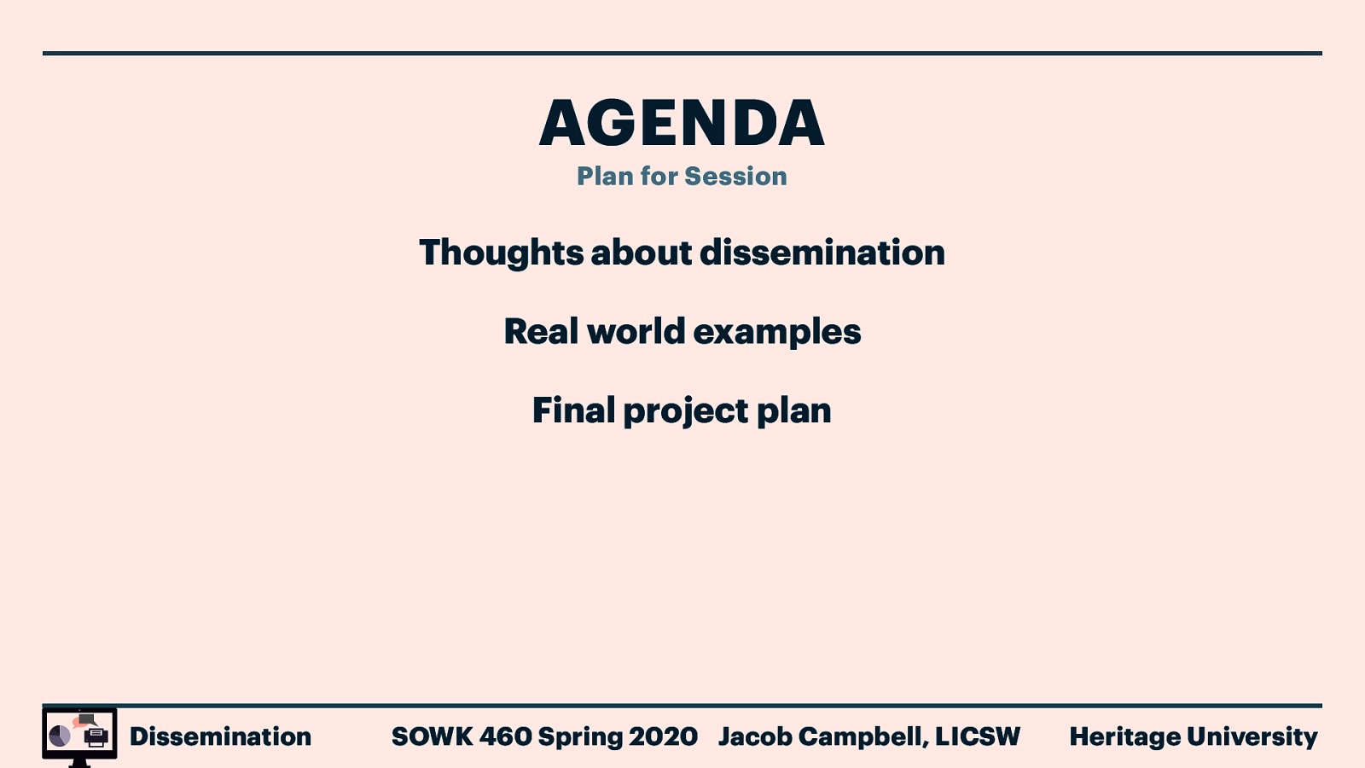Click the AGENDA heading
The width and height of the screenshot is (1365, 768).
coord(682,123)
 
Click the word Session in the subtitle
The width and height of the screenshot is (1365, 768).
coord(735,177)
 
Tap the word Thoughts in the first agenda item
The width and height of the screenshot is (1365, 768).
coord(501,253)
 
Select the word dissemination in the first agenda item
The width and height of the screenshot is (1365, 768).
coord(822,253)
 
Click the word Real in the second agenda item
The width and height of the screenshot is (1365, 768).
coord(541,332)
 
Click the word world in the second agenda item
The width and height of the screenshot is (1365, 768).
coord(636,332)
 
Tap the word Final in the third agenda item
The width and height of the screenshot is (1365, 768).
coord(573,410)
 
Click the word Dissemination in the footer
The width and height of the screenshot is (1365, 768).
coord(220,736)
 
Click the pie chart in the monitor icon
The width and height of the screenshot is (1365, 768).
coord(60,736)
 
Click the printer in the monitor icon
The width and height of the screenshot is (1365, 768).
coord(96,736)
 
